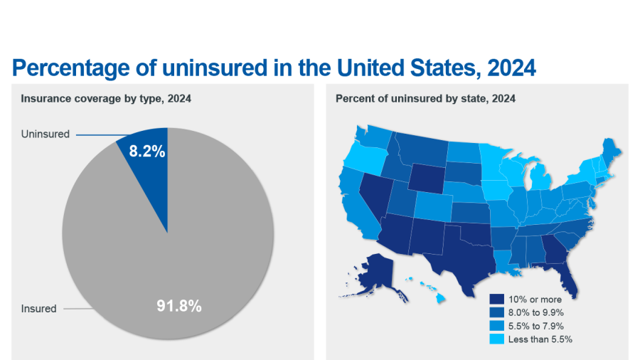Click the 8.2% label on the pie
(x=147, y=151)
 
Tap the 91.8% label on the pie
(x=179, y=307)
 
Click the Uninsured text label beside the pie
(x=46, y=134)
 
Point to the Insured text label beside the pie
(x=38, y=309)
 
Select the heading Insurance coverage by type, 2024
(x=106, y=99)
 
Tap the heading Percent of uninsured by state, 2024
(x=425, y=99)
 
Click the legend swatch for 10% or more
(x=497, y=300)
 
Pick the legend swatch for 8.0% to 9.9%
(x=497, y=312)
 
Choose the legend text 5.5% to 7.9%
(x=536, y=326)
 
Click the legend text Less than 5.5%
(x=540, y=339)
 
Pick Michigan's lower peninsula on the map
(x=540, y=178)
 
